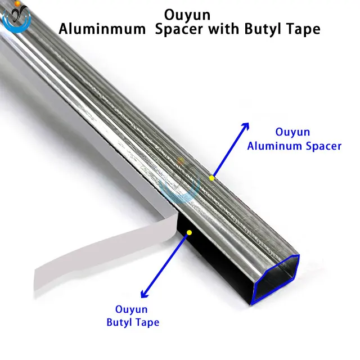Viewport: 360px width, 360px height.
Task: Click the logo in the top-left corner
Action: pos(16,16)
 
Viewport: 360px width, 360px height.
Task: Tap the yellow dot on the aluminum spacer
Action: pos(211,178)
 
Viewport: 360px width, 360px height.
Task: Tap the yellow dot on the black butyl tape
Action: pos(190,231)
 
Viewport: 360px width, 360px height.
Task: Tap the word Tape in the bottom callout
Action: pos(147,322)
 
